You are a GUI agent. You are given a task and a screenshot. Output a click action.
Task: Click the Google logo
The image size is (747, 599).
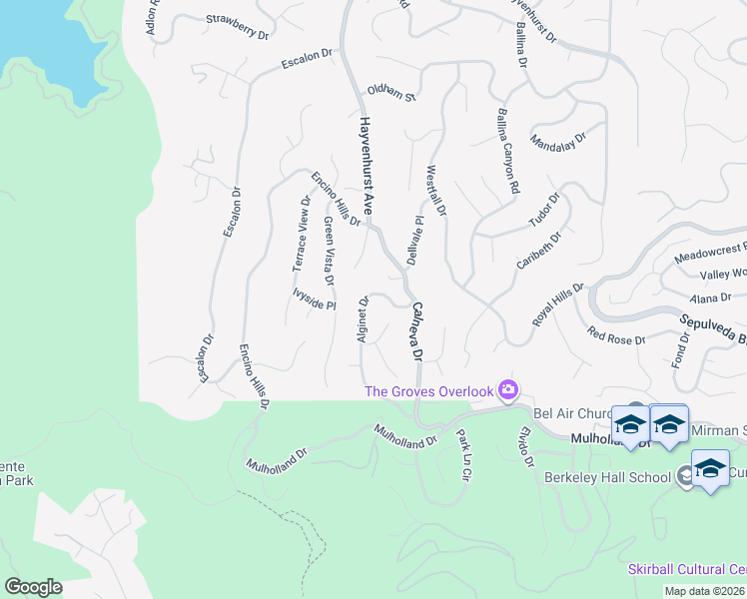(x=33, y=587)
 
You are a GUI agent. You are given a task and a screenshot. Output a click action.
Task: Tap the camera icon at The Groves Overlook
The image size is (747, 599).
(x=508, y=389)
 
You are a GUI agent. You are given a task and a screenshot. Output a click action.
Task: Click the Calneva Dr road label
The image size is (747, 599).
(x=417, y=332)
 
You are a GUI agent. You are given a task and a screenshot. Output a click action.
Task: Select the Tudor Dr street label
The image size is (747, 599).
(x=547, y=211)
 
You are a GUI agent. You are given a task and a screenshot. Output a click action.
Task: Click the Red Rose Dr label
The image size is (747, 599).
(x=616, y=335)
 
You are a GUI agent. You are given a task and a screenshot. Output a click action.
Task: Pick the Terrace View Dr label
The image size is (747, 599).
(x=302, y=234)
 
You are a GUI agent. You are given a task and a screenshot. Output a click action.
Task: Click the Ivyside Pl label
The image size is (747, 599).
(x=314, y=299)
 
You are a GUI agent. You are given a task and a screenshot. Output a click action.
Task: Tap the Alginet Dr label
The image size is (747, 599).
(x=364, y=318)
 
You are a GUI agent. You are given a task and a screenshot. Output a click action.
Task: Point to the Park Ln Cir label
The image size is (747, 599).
(x=462, y=454)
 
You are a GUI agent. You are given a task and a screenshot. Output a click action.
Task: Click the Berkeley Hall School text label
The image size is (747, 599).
(x=607, y=477)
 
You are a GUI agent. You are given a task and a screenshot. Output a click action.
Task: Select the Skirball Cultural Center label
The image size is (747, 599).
(x=687, y=569)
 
